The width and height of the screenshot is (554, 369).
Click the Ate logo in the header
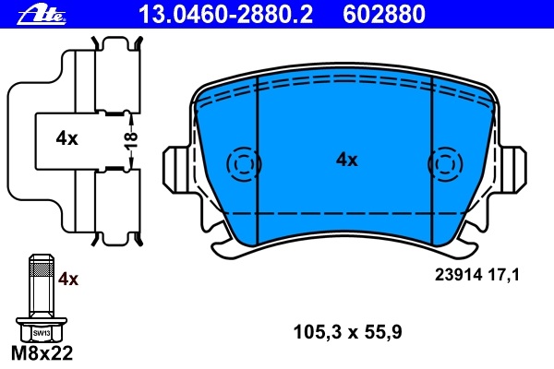coord(42,15)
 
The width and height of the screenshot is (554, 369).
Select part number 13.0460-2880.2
coord(226,15)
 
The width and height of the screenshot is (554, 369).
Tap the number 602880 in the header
coord(384,15)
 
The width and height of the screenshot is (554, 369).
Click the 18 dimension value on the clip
coord(131,140)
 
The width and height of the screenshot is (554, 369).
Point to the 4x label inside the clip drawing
coord(66,138)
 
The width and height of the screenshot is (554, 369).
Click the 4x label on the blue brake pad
coord(346,160)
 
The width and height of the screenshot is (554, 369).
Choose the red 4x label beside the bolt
coord(68,279)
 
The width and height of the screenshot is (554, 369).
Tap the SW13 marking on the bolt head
coord(42,333)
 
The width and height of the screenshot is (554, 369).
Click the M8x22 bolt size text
coord(42,352)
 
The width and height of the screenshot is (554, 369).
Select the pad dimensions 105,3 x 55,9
coord(348,332)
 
